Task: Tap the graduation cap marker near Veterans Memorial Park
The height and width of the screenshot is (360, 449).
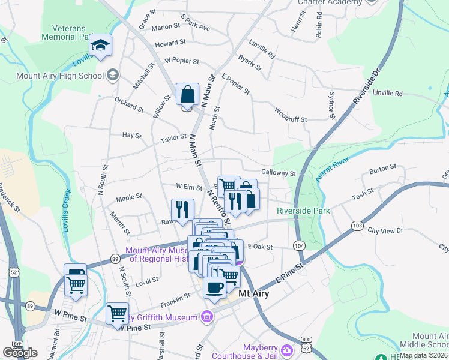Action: (100, 46)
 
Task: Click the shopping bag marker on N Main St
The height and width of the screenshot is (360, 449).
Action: (187, 95)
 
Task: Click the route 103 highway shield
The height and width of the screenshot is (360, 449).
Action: (358, 225)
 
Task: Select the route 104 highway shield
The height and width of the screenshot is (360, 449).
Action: (299, 245)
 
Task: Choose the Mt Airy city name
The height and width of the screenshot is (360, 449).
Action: (253, 294)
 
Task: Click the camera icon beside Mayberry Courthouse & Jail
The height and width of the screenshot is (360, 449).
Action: (287, 350)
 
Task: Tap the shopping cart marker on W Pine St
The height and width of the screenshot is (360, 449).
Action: (118, 313)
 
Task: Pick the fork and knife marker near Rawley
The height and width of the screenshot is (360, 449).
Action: (182, 209)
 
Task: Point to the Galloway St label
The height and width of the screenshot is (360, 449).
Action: (279, 173)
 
